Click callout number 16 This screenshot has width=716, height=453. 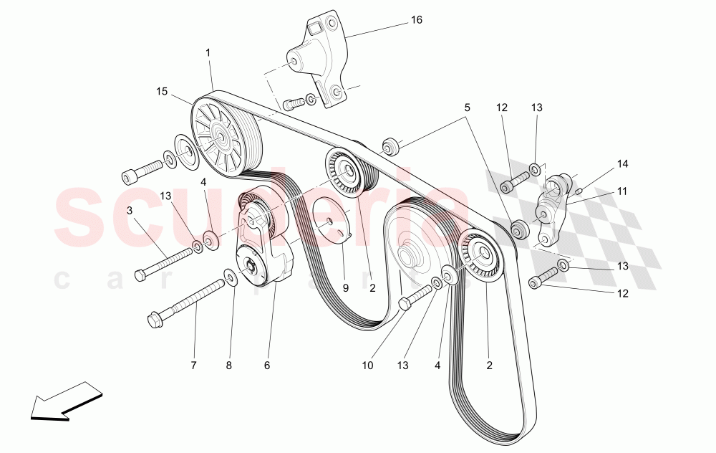(x=416, y=20)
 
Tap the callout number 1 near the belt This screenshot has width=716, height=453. (x=208, y=52)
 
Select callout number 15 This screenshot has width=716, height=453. (x=162, y=91)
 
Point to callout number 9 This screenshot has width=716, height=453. (x=345, y=287)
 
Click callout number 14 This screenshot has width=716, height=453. (x=623, y=164)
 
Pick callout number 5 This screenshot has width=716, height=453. (x=467, y=108)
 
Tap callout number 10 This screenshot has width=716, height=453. (x=367, y=366)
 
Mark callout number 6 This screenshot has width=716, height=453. (x=267, y=366)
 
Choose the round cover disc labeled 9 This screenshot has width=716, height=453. (x=330, y=220)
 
